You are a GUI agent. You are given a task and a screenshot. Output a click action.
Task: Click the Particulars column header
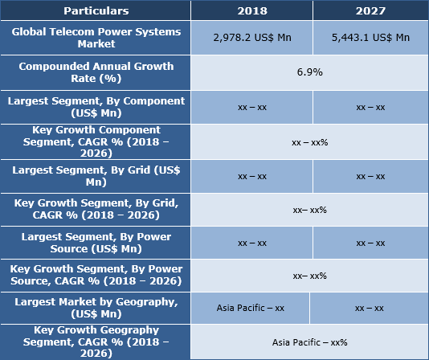pos(96,11)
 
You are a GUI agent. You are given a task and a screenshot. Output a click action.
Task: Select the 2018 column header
pos(251,11)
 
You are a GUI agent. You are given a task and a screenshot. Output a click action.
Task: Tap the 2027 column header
pos(370,11)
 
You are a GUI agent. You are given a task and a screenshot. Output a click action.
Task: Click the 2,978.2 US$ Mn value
pos(251,38)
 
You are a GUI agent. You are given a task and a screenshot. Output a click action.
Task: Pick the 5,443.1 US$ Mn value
pos(370,38)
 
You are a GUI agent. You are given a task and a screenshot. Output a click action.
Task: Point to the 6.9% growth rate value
pos(309,72)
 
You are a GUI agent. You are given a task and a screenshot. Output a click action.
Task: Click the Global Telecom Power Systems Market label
pos(96,38)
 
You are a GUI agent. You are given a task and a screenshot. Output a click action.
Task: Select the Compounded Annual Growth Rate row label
pos(96,72)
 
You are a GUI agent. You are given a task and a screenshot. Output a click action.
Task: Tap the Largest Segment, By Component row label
pos(96,107)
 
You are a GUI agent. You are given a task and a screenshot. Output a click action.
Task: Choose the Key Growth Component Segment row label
pos(96,141)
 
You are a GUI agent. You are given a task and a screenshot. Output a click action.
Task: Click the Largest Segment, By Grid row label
pos(96,176)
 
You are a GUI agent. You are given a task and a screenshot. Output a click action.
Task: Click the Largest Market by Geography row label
pos(96,308)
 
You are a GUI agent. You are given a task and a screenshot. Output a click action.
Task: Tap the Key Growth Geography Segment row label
pos(96,342)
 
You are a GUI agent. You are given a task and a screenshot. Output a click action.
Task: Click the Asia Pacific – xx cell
pos(250,308)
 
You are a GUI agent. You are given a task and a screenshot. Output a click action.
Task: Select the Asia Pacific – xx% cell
pos(309,342)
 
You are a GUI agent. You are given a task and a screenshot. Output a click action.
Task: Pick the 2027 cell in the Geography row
pos(369,308)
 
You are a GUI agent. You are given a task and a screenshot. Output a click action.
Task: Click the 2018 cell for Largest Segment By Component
pos(251,107)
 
